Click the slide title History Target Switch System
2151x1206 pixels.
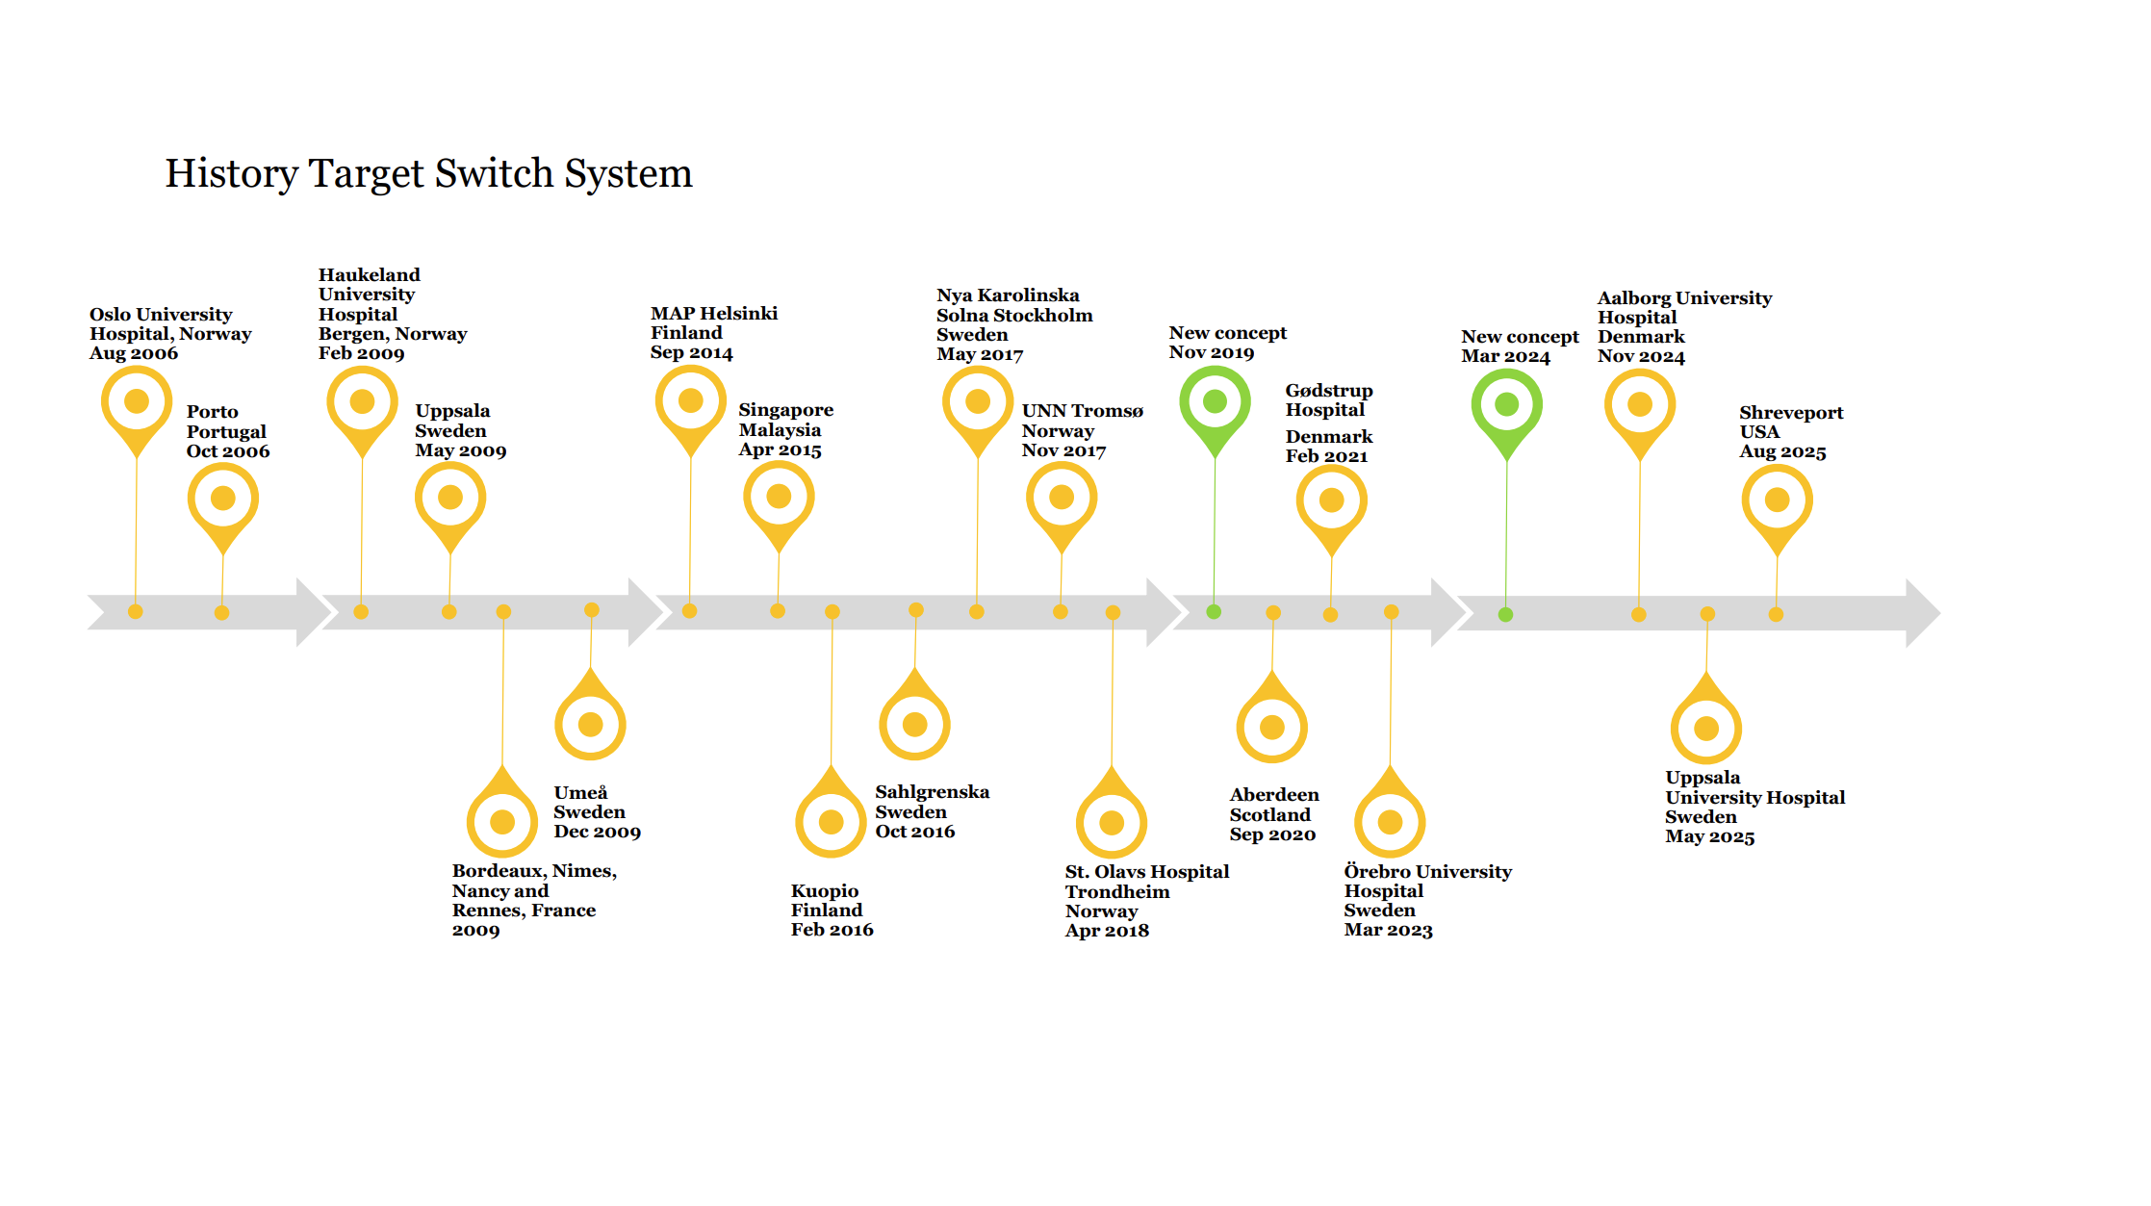point(428,174)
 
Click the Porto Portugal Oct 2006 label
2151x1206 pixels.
point(228,431)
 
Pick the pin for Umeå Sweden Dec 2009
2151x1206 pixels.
point(591,714)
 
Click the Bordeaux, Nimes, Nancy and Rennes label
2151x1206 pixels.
point(534,900)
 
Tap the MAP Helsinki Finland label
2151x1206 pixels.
point(714,333)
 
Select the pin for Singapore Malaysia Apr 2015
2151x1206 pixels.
point(779,506)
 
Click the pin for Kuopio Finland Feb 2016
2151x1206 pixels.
point(832,811)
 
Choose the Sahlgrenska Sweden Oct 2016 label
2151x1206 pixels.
point(932,811)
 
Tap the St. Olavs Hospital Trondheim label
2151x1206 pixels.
point(1147,901)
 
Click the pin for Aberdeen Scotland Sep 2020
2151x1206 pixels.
point(1272,717)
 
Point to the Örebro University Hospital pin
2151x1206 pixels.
point(1391,811)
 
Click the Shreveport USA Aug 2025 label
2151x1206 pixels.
point(1791,432)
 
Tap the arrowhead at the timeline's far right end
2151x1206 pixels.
point(1923,613)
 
